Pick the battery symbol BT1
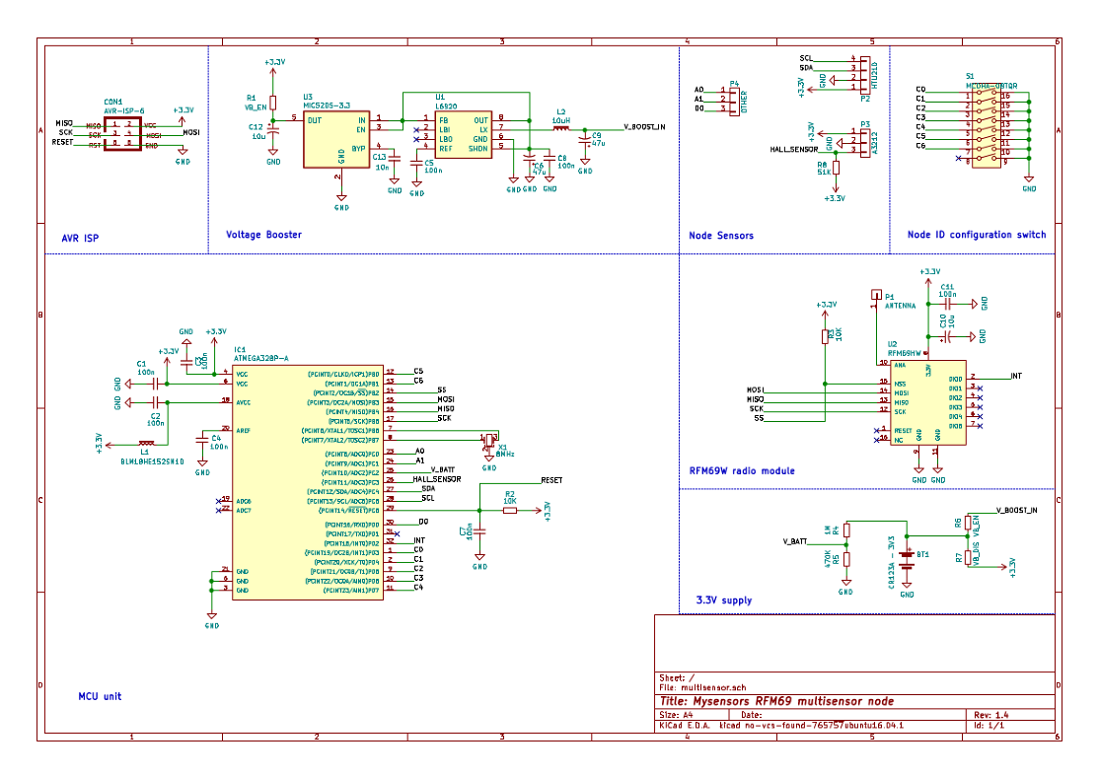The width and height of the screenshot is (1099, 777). click(x=908, y=557)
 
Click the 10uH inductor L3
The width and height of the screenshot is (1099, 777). click(x=561, y=128)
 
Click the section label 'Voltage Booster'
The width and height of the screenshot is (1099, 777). click(x=263, y=235)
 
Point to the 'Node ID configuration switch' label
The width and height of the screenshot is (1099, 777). click(x=977, y=235)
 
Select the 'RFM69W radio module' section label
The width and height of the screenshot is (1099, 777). click(x=742, y=470)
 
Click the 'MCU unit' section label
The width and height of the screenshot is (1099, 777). click(x=100, y=696)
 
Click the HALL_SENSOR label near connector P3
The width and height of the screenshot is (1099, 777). click(x=795, y=150)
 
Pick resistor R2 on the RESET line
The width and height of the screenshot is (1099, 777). click(x=510, y=510)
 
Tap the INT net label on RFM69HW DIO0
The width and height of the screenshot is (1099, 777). click(x=1016, y=377)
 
